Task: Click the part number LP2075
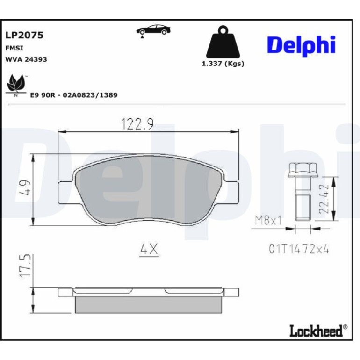(x=24, y=35)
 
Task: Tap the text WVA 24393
(x=26, y=59)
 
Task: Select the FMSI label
(x=14, y=48)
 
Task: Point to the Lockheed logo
(x=318, y=331)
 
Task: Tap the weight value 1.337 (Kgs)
(x=223, y=64)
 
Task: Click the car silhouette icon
(x=153, y=30)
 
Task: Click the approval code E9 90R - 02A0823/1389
(x=74, y=95)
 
